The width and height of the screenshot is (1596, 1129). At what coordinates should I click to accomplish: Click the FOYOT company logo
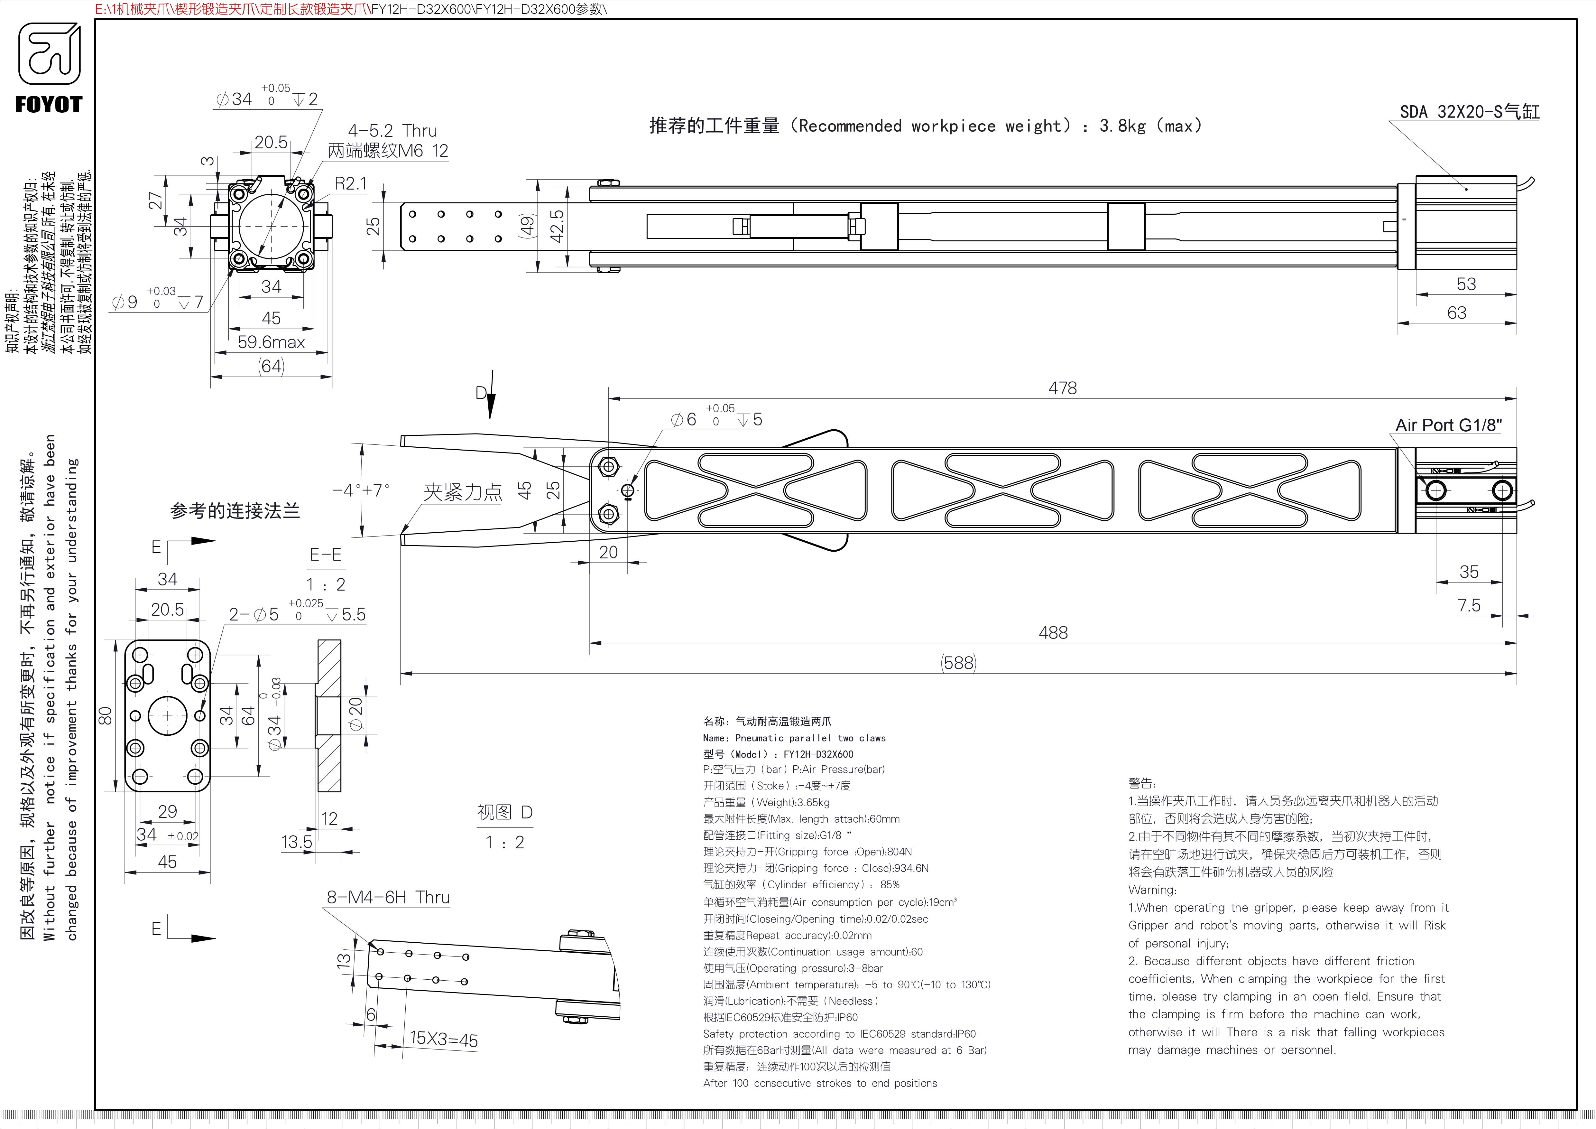tap(49, 68)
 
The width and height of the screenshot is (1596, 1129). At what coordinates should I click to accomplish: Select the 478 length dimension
tap(1062, 388)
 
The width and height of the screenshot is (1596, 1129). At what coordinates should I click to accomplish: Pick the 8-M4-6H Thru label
tap(388, 898)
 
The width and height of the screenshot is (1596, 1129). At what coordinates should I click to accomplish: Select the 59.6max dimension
tap(271, 342)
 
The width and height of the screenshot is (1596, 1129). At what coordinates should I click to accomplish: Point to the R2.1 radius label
tap(350, 183)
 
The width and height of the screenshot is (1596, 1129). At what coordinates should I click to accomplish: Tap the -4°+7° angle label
tap(361, 490)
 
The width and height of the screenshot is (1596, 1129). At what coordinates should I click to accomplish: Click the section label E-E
tap(325, 555)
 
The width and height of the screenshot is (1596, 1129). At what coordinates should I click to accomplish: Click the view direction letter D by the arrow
tap(480, 394)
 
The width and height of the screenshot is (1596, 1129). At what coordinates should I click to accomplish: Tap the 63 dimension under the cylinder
tap(1456, 313)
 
